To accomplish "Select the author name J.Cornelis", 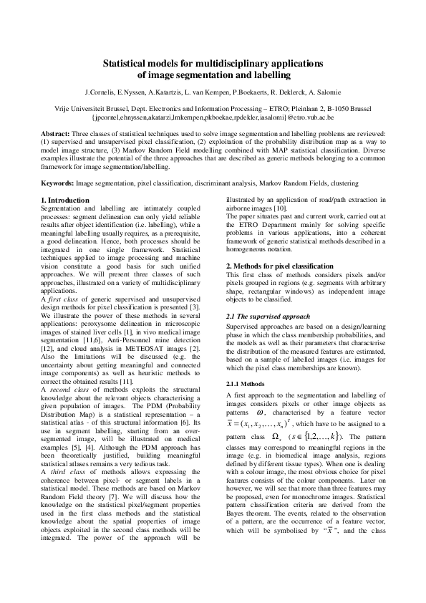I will pos(102,92).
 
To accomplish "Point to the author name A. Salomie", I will pos(321,92).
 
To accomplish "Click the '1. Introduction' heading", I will pos(65,200).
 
